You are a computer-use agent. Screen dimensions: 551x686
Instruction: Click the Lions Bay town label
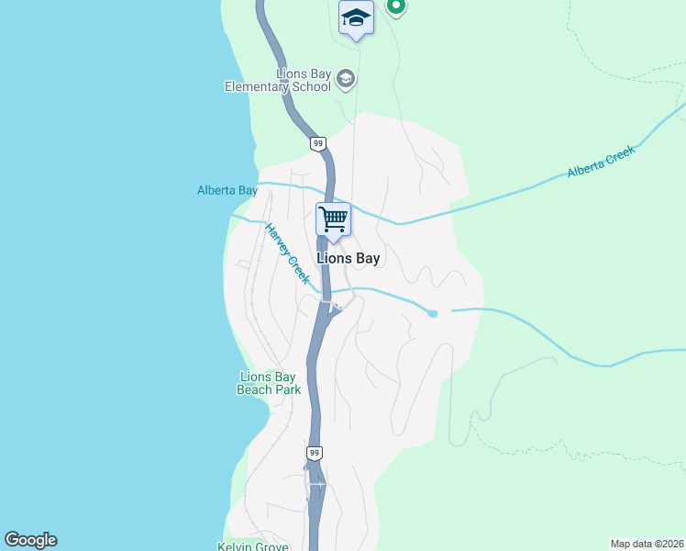348,259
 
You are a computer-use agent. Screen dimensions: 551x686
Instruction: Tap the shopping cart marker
333,220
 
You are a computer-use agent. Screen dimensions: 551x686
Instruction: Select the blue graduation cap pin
356,18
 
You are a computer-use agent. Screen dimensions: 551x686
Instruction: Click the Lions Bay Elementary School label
278,81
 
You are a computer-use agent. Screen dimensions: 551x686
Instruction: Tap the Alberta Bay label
227,191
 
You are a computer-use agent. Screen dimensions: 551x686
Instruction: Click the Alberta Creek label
601,163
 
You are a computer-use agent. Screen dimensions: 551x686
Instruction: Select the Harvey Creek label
287,253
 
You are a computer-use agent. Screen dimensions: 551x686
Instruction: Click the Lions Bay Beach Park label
269,383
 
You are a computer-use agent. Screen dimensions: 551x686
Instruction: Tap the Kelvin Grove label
253,545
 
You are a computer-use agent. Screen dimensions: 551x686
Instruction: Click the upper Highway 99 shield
317,143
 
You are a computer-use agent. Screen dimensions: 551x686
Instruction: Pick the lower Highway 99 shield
314,454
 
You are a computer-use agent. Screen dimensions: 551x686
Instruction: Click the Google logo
30,540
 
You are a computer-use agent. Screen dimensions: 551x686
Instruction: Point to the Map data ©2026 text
647,543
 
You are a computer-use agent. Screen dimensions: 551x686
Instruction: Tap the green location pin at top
396,6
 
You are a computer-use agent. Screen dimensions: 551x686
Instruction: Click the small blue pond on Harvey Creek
433,313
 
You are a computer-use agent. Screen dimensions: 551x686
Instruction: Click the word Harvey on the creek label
278,240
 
